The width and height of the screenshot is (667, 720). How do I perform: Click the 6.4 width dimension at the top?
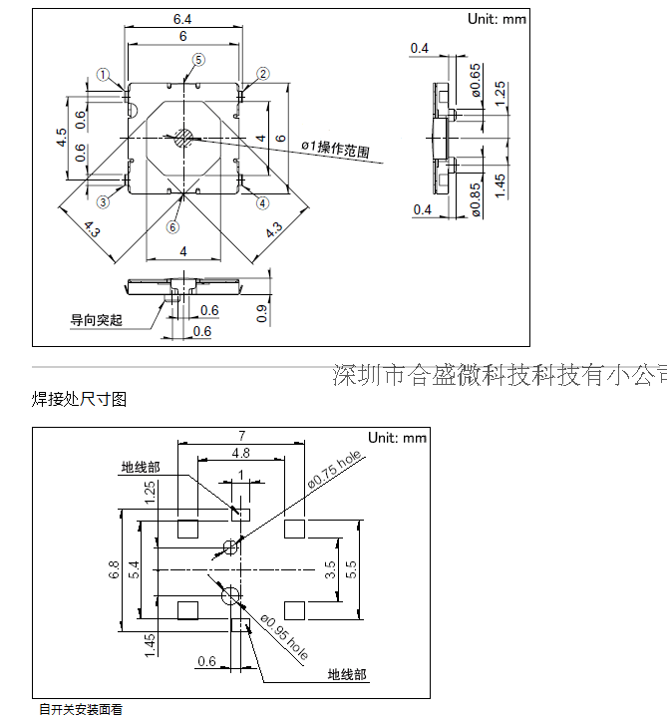[x=183, y=19]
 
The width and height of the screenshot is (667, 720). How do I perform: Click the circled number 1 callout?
[x=104, y=74]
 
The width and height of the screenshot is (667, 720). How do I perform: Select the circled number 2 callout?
[x=263, y=74]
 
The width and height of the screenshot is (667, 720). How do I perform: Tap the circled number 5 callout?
[x=197, y=60]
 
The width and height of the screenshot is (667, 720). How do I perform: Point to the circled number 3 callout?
[x=104, y=201]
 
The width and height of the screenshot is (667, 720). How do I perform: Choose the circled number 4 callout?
[x=263, y=202]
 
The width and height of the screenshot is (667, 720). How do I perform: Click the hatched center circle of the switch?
[x=183, y=138]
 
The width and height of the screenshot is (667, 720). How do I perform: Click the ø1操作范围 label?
[x=335, y=150]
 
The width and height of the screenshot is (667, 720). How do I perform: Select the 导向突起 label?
[x=96, y=320]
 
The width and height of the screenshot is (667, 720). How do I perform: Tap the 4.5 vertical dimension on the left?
[x=62, y=138]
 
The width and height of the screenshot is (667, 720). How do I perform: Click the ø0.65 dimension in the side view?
[x=476, y=80]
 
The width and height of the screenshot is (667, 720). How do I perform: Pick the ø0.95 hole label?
[x=284, y=637]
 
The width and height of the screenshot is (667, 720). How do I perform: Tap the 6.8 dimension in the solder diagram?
[x=113, y=570]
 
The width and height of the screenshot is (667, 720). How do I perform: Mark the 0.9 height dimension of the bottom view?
[x=261, y=313]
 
